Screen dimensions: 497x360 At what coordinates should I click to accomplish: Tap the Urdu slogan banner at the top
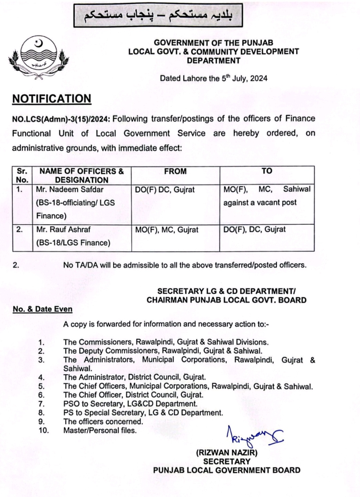coord(158,15)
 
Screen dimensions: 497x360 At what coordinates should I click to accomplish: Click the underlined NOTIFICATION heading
coord(52,99)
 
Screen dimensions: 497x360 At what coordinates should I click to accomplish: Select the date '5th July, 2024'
coord(244,78)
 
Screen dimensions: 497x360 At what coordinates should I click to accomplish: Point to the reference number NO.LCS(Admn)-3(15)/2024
coord(62,119)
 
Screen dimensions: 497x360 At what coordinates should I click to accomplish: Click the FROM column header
coord(175,171)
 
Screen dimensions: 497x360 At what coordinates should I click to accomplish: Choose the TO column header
coord(267,171)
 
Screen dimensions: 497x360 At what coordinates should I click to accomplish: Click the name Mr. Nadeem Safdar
coord(70,189)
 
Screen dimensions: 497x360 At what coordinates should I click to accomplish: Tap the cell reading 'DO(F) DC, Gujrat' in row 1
coord(165,190)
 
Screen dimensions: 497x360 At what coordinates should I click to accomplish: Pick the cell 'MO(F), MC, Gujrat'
coord(167,230)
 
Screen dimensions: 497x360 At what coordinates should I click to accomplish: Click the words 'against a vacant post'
coord(260,203)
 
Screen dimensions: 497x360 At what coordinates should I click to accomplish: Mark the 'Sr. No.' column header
coord(22,175)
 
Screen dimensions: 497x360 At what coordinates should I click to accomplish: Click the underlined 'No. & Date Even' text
coord(43,309)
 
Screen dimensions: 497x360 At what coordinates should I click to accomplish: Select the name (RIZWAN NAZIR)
coord(227,453)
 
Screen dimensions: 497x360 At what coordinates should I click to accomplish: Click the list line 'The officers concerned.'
coord(103,421)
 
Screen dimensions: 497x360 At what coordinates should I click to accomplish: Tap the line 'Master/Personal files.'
coord(100,430)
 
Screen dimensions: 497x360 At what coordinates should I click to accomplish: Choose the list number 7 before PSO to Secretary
coord(42,404)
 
